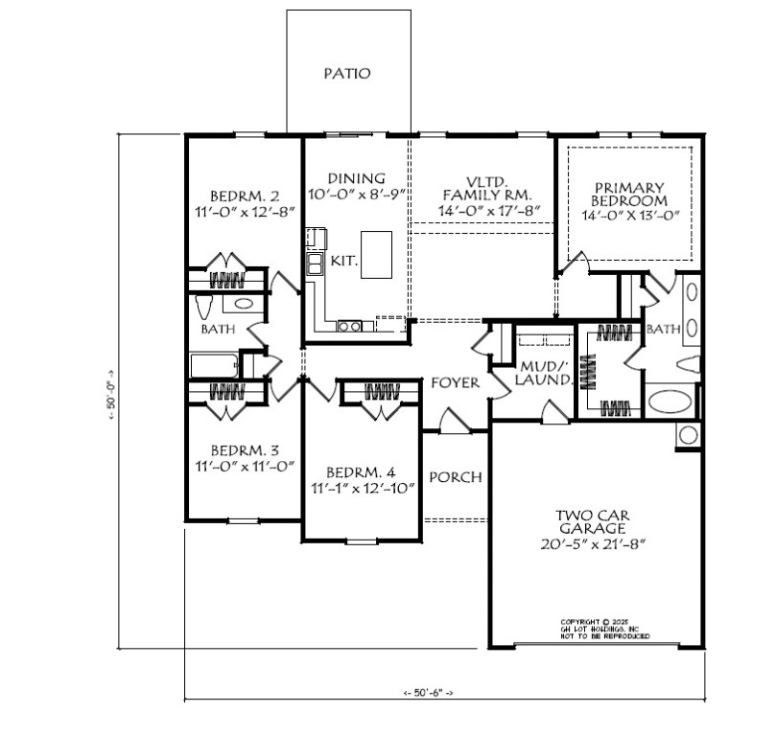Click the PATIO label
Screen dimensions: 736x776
[346, 73]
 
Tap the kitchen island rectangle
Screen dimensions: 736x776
[377, 255]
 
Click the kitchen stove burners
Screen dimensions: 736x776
[350, 327]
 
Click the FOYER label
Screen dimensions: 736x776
[455, 382]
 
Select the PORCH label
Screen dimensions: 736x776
[455, 477]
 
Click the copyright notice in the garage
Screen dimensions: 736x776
[604, 629]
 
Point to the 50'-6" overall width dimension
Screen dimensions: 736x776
[428, 691]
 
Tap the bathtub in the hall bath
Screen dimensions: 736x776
[213, 365]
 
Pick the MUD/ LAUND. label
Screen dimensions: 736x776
[545, 373]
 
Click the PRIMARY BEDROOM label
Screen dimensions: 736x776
[629, 195]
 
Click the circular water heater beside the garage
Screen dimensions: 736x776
[689, 435]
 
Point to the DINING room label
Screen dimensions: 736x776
[356, 178]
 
